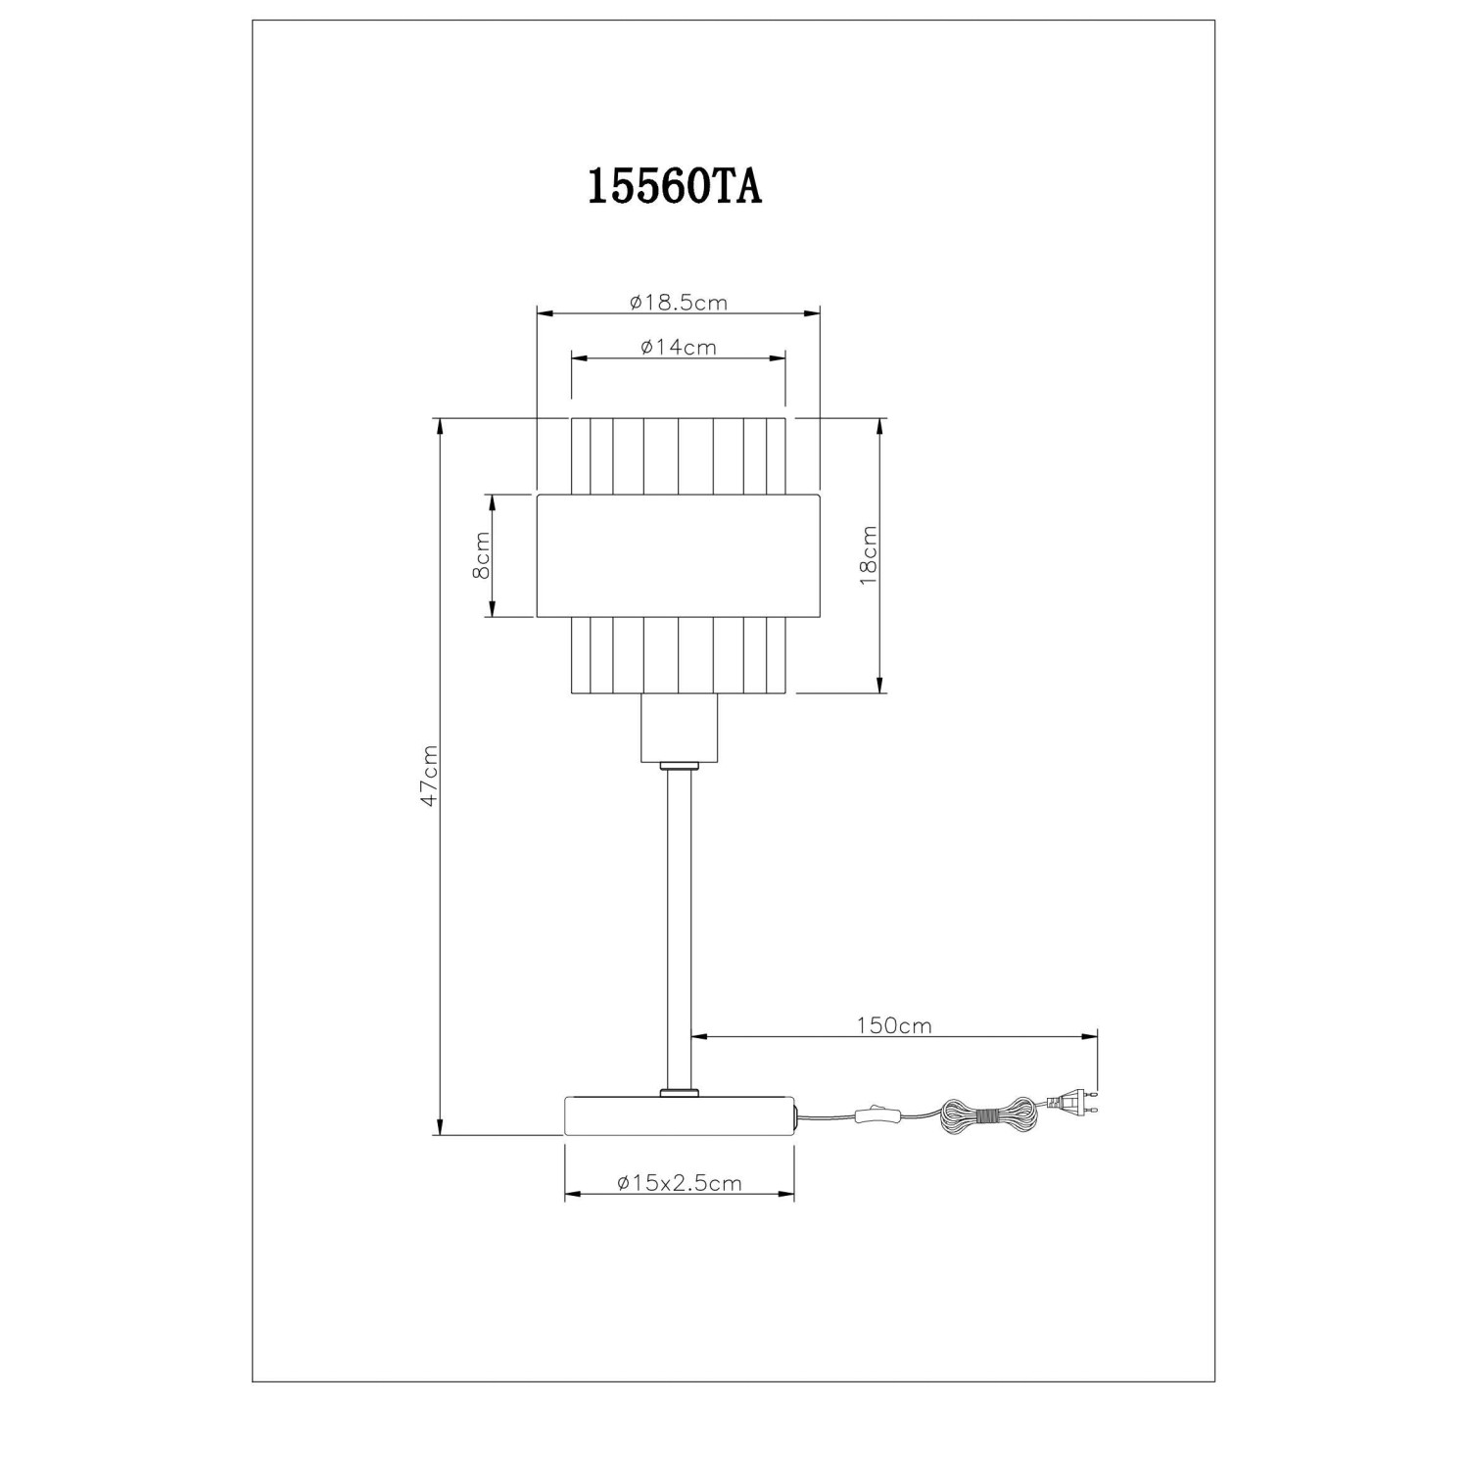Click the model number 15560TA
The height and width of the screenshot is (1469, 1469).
tap(674, 187)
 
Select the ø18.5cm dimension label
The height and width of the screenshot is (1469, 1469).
tap(679, 303)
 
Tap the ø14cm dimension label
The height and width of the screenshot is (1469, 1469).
tap(678, 347)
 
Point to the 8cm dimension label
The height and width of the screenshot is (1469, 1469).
tap(481, 556)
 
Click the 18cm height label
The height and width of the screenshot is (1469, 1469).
tap(868, 555)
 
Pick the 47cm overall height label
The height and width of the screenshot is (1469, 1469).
tap(426, 776)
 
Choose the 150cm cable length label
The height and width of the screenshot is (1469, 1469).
tap(894, 1025)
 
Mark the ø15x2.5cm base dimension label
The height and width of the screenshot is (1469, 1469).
tap(680, 1183)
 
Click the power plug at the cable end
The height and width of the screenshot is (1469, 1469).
tap(1071, 1103)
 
